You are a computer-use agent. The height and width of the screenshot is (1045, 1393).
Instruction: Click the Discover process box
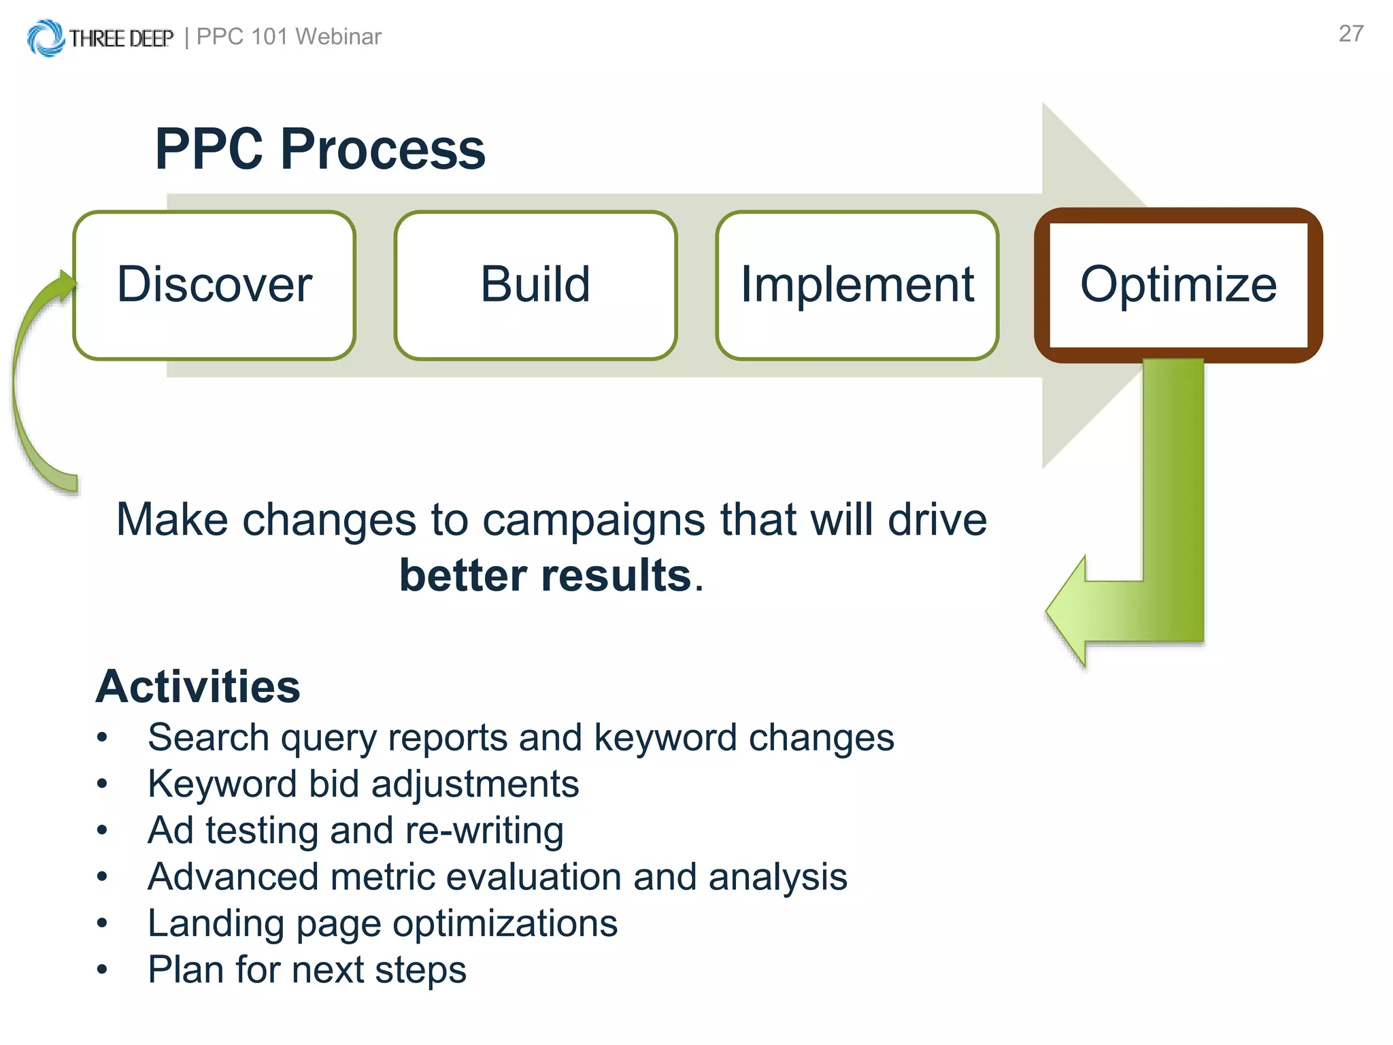click(214, 285)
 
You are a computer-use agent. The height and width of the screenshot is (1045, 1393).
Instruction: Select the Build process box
click(535, 285)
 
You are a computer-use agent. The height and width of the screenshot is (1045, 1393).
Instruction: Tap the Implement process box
click(857, 285)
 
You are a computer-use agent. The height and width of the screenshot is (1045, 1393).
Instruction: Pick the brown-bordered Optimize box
click(1178, 285)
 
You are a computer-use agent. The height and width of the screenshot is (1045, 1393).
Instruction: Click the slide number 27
click(1351, 33)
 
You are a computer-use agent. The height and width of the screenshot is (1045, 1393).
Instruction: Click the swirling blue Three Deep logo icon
click(46, 38)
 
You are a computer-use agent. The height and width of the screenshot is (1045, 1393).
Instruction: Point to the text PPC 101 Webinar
click(288, 37)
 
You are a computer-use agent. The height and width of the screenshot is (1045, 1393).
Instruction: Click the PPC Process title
click(320, 149)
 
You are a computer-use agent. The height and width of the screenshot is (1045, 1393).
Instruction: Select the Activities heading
click(198, 686)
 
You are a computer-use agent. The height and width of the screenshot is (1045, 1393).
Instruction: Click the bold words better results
click(545, 576)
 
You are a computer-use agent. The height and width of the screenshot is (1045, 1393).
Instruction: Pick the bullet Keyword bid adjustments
click(363, 784)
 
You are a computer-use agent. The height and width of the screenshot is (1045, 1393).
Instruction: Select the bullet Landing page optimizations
click(382, 923)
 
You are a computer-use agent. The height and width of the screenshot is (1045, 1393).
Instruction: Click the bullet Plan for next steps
click(307, 969)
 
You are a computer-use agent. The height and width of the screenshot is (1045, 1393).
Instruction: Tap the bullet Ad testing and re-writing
click(355, 831)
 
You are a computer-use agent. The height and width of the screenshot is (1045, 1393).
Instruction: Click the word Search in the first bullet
click(208, 737)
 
